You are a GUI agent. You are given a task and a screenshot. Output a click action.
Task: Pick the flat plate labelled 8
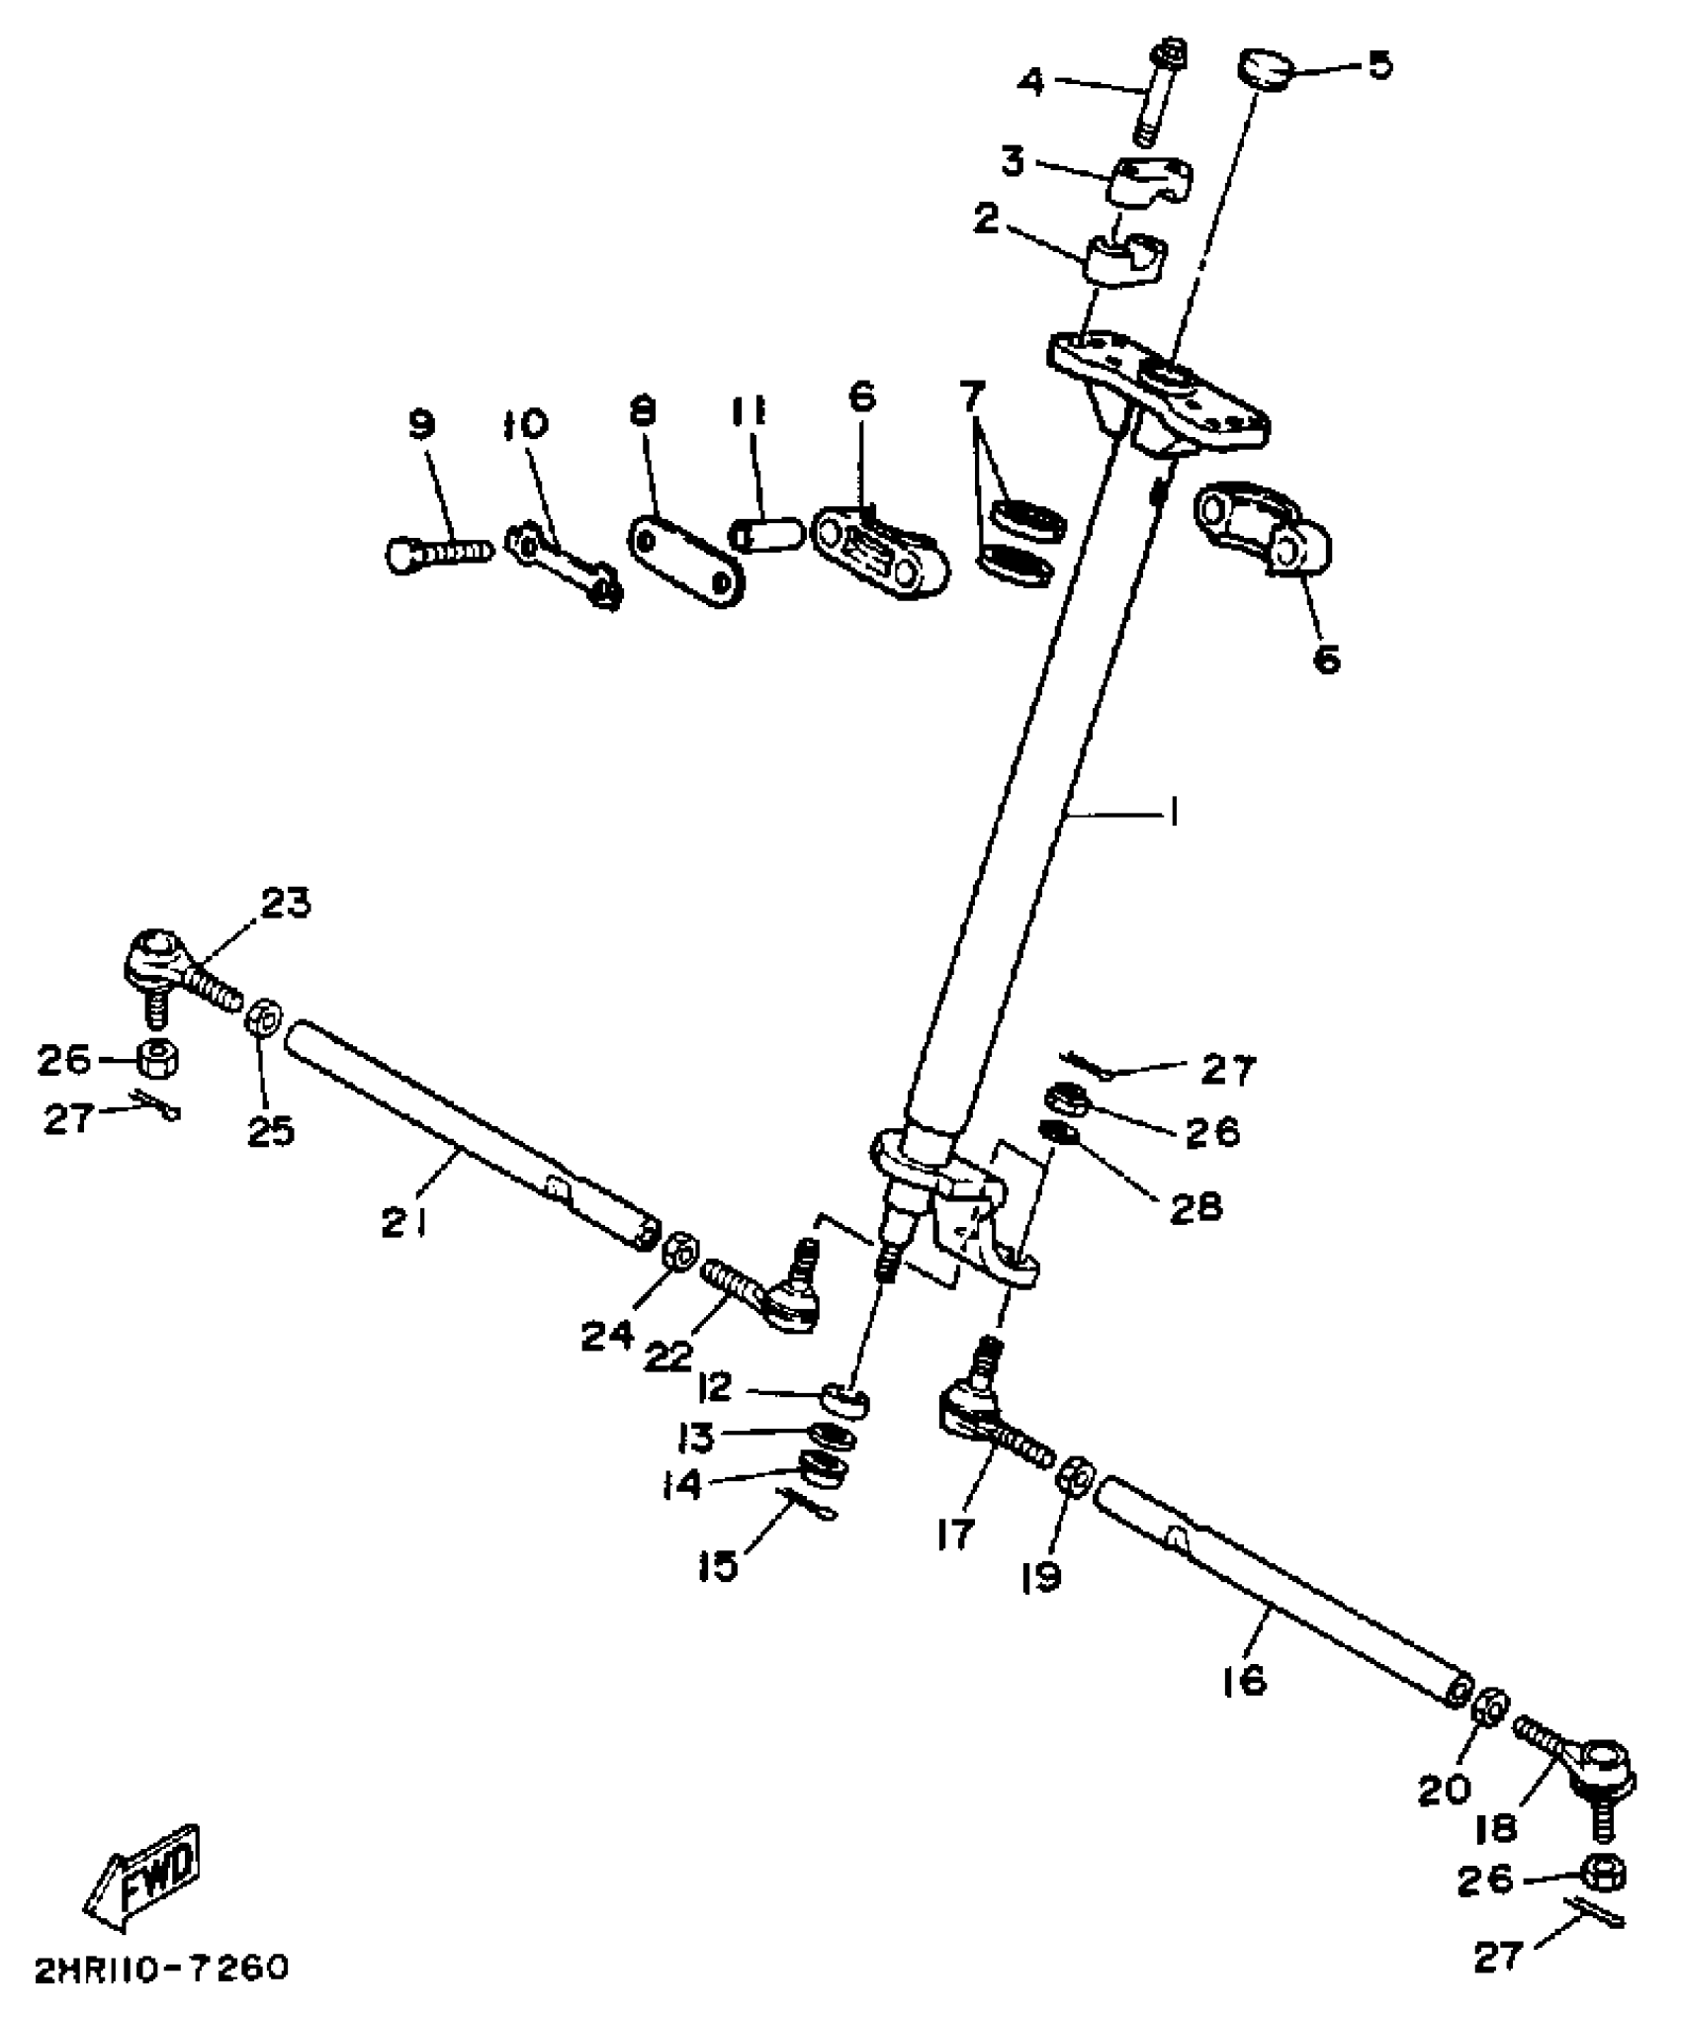(686, 559)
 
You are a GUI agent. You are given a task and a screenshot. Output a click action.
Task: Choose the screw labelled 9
(437, 552)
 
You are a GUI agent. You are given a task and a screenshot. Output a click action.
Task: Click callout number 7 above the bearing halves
(973, 397)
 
